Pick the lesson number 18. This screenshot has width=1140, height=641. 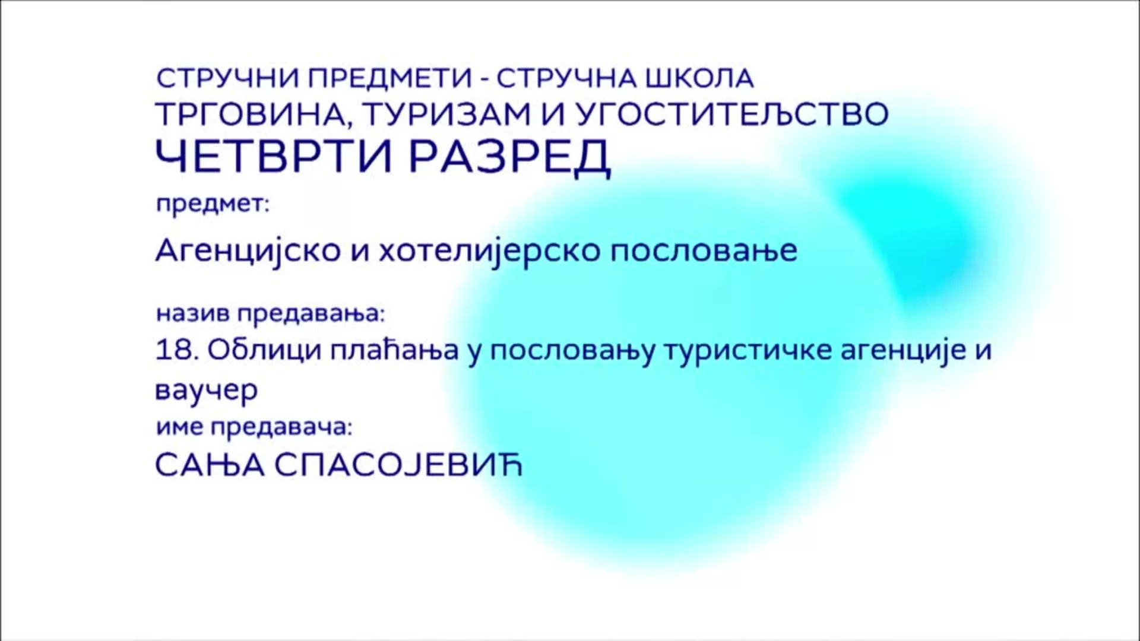click(176, 350)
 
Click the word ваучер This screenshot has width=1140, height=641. click(207, 391)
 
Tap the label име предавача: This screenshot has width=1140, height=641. click(254, 427)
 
